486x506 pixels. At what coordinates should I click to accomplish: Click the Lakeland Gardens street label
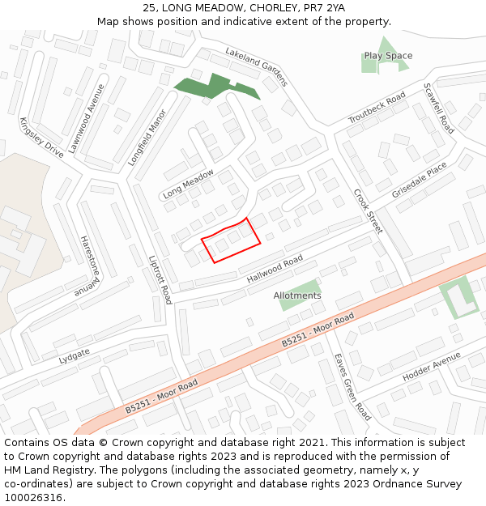coord(256,66)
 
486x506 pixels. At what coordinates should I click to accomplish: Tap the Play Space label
coord(388,56)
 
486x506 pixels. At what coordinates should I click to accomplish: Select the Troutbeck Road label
coord(377,108)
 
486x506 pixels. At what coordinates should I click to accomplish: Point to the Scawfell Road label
coord(438,108)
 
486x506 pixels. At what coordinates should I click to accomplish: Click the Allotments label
coord(297,296)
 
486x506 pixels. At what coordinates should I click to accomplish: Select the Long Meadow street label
coord(188,184)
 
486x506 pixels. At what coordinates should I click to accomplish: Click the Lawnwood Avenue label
coord(87,118)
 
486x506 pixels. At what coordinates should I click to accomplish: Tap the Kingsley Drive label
coord(41,138)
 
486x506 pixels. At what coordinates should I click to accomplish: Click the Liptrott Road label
coord(160,280)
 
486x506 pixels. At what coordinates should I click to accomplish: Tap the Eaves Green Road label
coord(352,386)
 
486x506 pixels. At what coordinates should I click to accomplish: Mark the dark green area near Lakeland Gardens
coord(213,86)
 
